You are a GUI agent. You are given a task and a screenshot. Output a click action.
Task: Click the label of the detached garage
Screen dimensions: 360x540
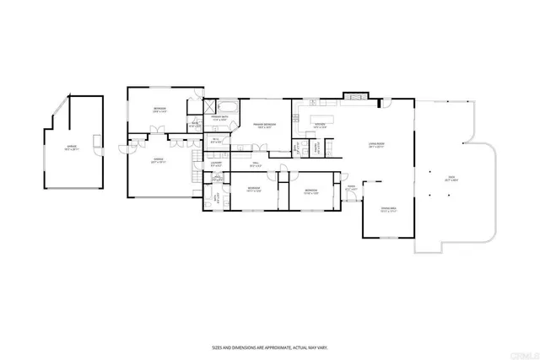(71, 149)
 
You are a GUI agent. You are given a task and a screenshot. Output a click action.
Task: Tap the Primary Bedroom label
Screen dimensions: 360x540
(264, 126)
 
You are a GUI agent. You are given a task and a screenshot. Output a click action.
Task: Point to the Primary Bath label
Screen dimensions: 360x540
(220, 119)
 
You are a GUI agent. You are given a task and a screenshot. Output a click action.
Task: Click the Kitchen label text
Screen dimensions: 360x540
(320, 126)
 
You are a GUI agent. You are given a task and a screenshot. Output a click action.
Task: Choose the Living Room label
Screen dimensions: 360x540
(387, 146)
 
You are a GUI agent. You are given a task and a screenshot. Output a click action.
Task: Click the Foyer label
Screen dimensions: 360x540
(351, 189)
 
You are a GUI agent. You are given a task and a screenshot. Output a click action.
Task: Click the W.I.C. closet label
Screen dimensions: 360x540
(216, 142)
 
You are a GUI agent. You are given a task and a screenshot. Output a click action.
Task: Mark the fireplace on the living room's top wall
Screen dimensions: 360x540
(354, 96)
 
